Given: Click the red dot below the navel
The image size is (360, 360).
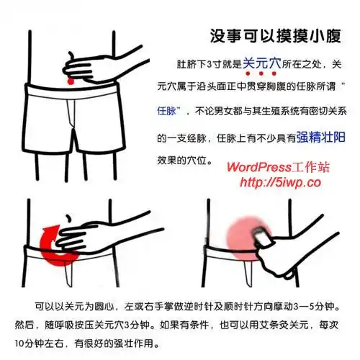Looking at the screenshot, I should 70,86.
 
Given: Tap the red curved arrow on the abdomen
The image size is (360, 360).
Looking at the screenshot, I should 50,245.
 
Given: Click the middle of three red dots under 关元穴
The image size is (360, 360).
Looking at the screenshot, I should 261,74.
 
